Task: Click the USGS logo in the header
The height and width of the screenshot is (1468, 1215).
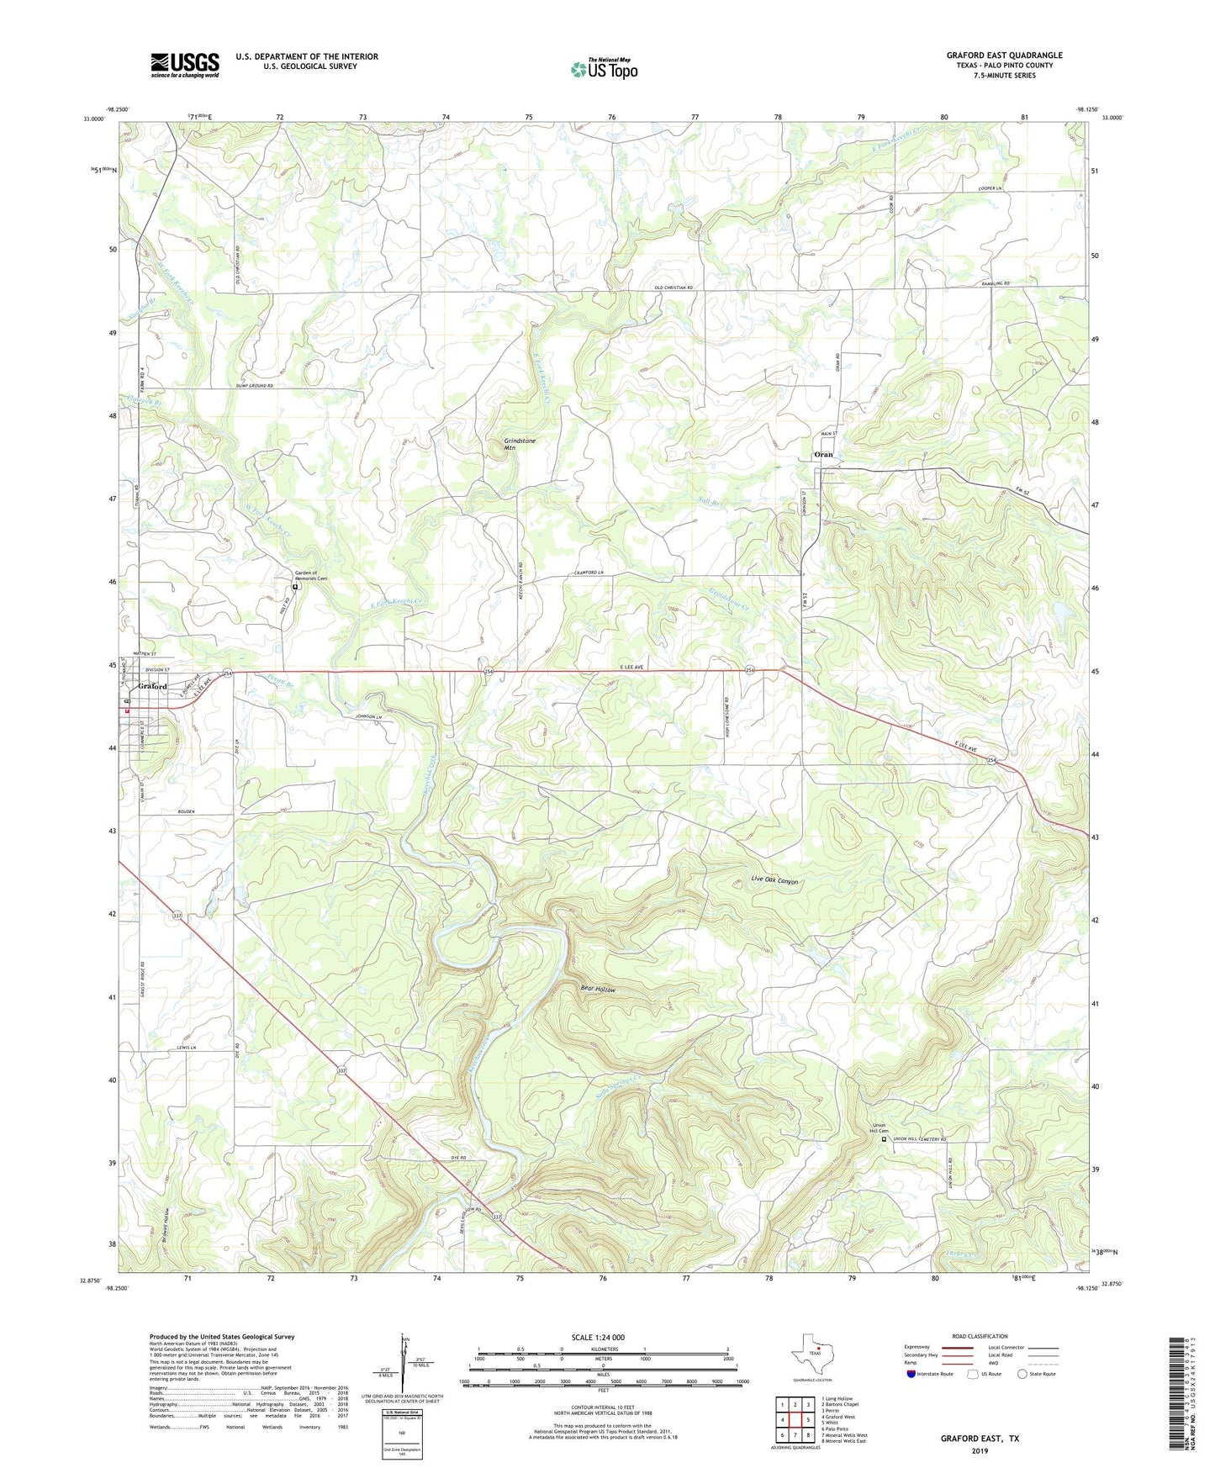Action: (x=185, y=65)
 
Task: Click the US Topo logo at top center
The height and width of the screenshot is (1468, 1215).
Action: (x=604, y=69)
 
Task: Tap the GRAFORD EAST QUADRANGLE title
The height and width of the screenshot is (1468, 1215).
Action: (x=1004, y=55)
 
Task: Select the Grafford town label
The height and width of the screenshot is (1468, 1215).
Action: (x=151, y=687)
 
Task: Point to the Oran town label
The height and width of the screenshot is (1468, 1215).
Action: (x=823, y=454)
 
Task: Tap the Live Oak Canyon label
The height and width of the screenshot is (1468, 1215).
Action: (x=774, y=881)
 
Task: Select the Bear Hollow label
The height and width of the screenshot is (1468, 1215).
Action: (x=598, y=990)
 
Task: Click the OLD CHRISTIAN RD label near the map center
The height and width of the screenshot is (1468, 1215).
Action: (x=674, y=288)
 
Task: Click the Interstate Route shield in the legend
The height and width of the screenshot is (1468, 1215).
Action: (x=912, y=1374)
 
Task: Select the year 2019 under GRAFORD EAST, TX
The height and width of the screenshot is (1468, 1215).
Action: (x=980, y=1450)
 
